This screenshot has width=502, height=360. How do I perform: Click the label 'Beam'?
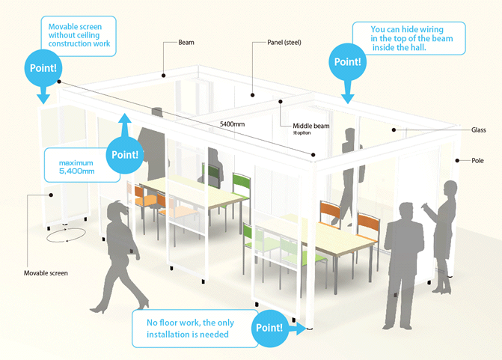pos(186,43)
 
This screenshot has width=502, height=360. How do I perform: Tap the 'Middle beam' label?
pos(308,126)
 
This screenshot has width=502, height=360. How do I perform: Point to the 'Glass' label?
pos(479,129)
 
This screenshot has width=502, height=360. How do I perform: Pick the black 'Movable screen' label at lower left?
pos(46,272)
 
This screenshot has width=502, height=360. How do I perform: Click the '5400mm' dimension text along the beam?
pos(233,123)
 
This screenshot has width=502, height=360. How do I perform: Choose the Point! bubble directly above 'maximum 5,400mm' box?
pos(125,154)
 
